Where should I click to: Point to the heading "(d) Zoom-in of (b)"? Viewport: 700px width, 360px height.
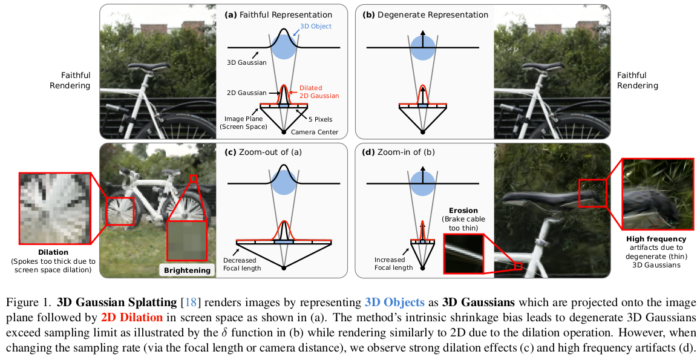tap(398, 151)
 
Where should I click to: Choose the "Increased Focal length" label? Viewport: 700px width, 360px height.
tap(393, 263)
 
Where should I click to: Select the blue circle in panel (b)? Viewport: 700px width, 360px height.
tap(423, 47)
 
